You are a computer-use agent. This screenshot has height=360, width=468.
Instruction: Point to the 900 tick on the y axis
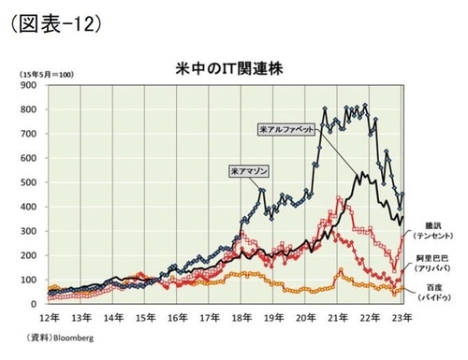[29, 85]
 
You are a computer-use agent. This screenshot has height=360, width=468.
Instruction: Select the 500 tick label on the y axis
[29, 182]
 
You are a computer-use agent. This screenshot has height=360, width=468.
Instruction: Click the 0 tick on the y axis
[34, 304]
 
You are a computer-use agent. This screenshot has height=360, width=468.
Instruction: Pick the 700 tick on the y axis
[29, 134]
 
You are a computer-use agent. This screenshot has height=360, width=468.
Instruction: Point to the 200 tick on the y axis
[29, 255]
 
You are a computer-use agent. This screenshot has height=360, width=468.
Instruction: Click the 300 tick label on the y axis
[29, 231]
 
